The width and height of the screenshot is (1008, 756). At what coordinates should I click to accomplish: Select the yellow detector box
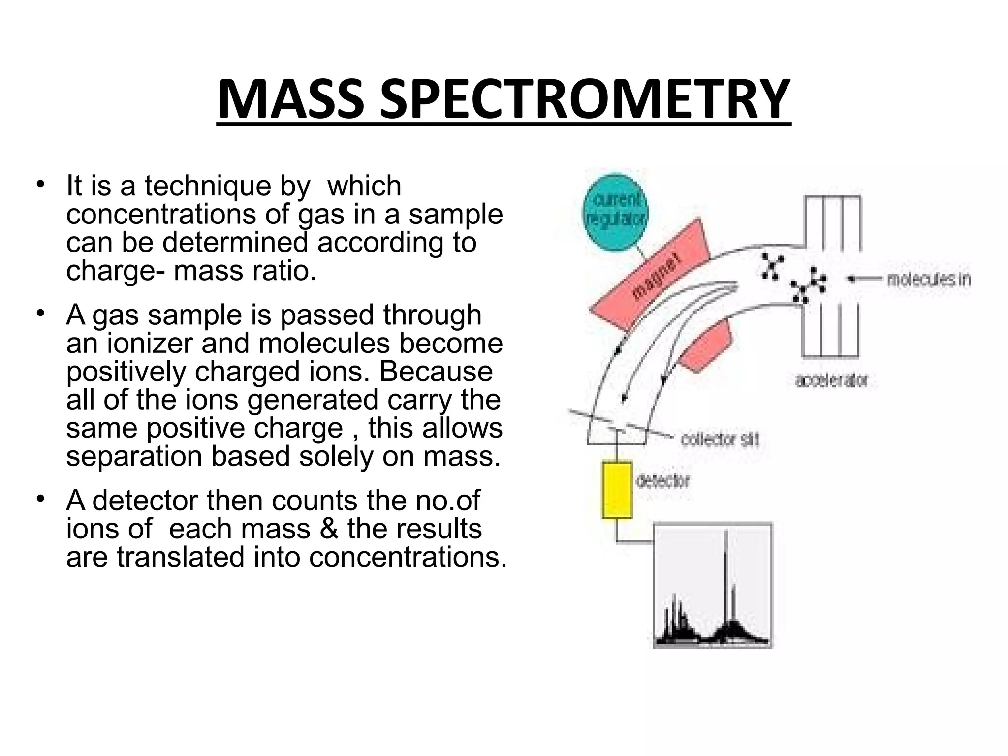(617, 490)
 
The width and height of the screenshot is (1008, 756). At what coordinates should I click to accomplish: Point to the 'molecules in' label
(928, 280)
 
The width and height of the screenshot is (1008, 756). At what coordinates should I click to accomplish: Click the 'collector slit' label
(720, 439)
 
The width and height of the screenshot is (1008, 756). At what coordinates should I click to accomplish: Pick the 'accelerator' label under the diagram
(831, 380)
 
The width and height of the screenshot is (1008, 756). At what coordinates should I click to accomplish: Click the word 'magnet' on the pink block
(658, 276)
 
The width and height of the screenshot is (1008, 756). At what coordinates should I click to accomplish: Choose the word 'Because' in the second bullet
(436, 372)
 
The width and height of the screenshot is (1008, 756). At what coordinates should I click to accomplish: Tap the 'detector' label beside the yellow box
(662, 480)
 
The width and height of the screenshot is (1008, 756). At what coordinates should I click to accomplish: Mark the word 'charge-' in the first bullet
(116, 271)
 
